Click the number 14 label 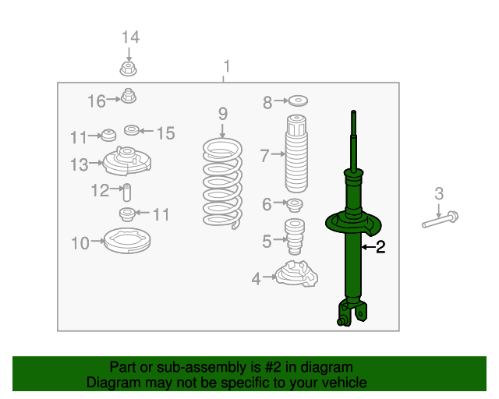pyautogui.click(x=130, y=37)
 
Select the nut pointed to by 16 pyautogui.click(x=129, y=96)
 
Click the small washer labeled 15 pyautogui.click(x=132, y=130)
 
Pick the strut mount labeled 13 pyautogui.click(x=126, y=161)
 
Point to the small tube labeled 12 pyautogui.click(x=127, y=192)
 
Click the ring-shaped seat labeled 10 pyautogui.click(x=127, y=241)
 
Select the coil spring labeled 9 pyautogui.click(x=222, y=183)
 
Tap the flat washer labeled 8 pyautogui.click(x=298, y=101)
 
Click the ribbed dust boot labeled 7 pyautogui.click(x=296, y=154)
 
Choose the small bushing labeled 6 pyautogui.click(x=295, y=205)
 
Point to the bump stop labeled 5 pyautogui.click(x=295, y=236)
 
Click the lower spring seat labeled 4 pyautogui.click(x=296, y=274)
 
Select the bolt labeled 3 pyautogui.click(x=440, y=220)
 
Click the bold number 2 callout pyautogui.click(x=380, y=246)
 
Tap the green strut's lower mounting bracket pyautogui.click(x=352, y=313)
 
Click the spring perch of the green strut pyautogui.click(x=353, y=223)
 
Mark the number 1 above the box pyautogui.click(x=227, y=66)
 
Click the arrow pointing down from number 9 pyautogui.click(x=222, y=131)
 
